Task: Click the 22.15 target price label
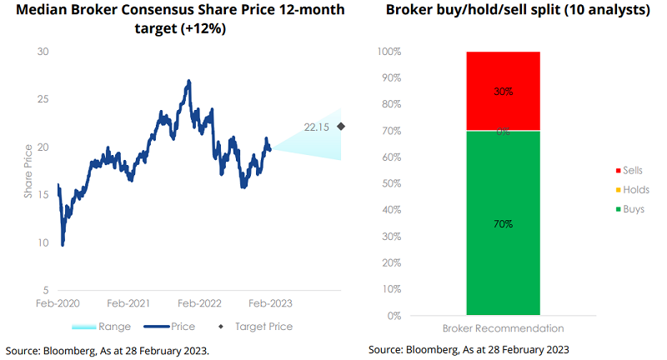pos(318,127)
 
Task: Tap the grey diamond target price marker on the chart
pos(340,127)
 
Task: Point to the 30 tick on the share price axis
pos(43,52)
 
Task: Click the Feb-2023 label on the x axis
pos(271,304)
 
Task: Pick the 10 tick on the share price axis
pos(43,243)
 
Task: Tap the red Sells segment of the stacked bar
pos(503,91)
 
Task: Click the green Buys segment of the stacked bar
pos(503,223)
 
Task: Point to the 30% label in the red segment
pos(503,91)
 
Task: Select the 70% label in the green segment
pos(503,223)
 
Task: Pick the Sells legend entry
pos(634,170)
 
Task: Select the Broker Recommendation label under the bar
pos(503,328)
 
